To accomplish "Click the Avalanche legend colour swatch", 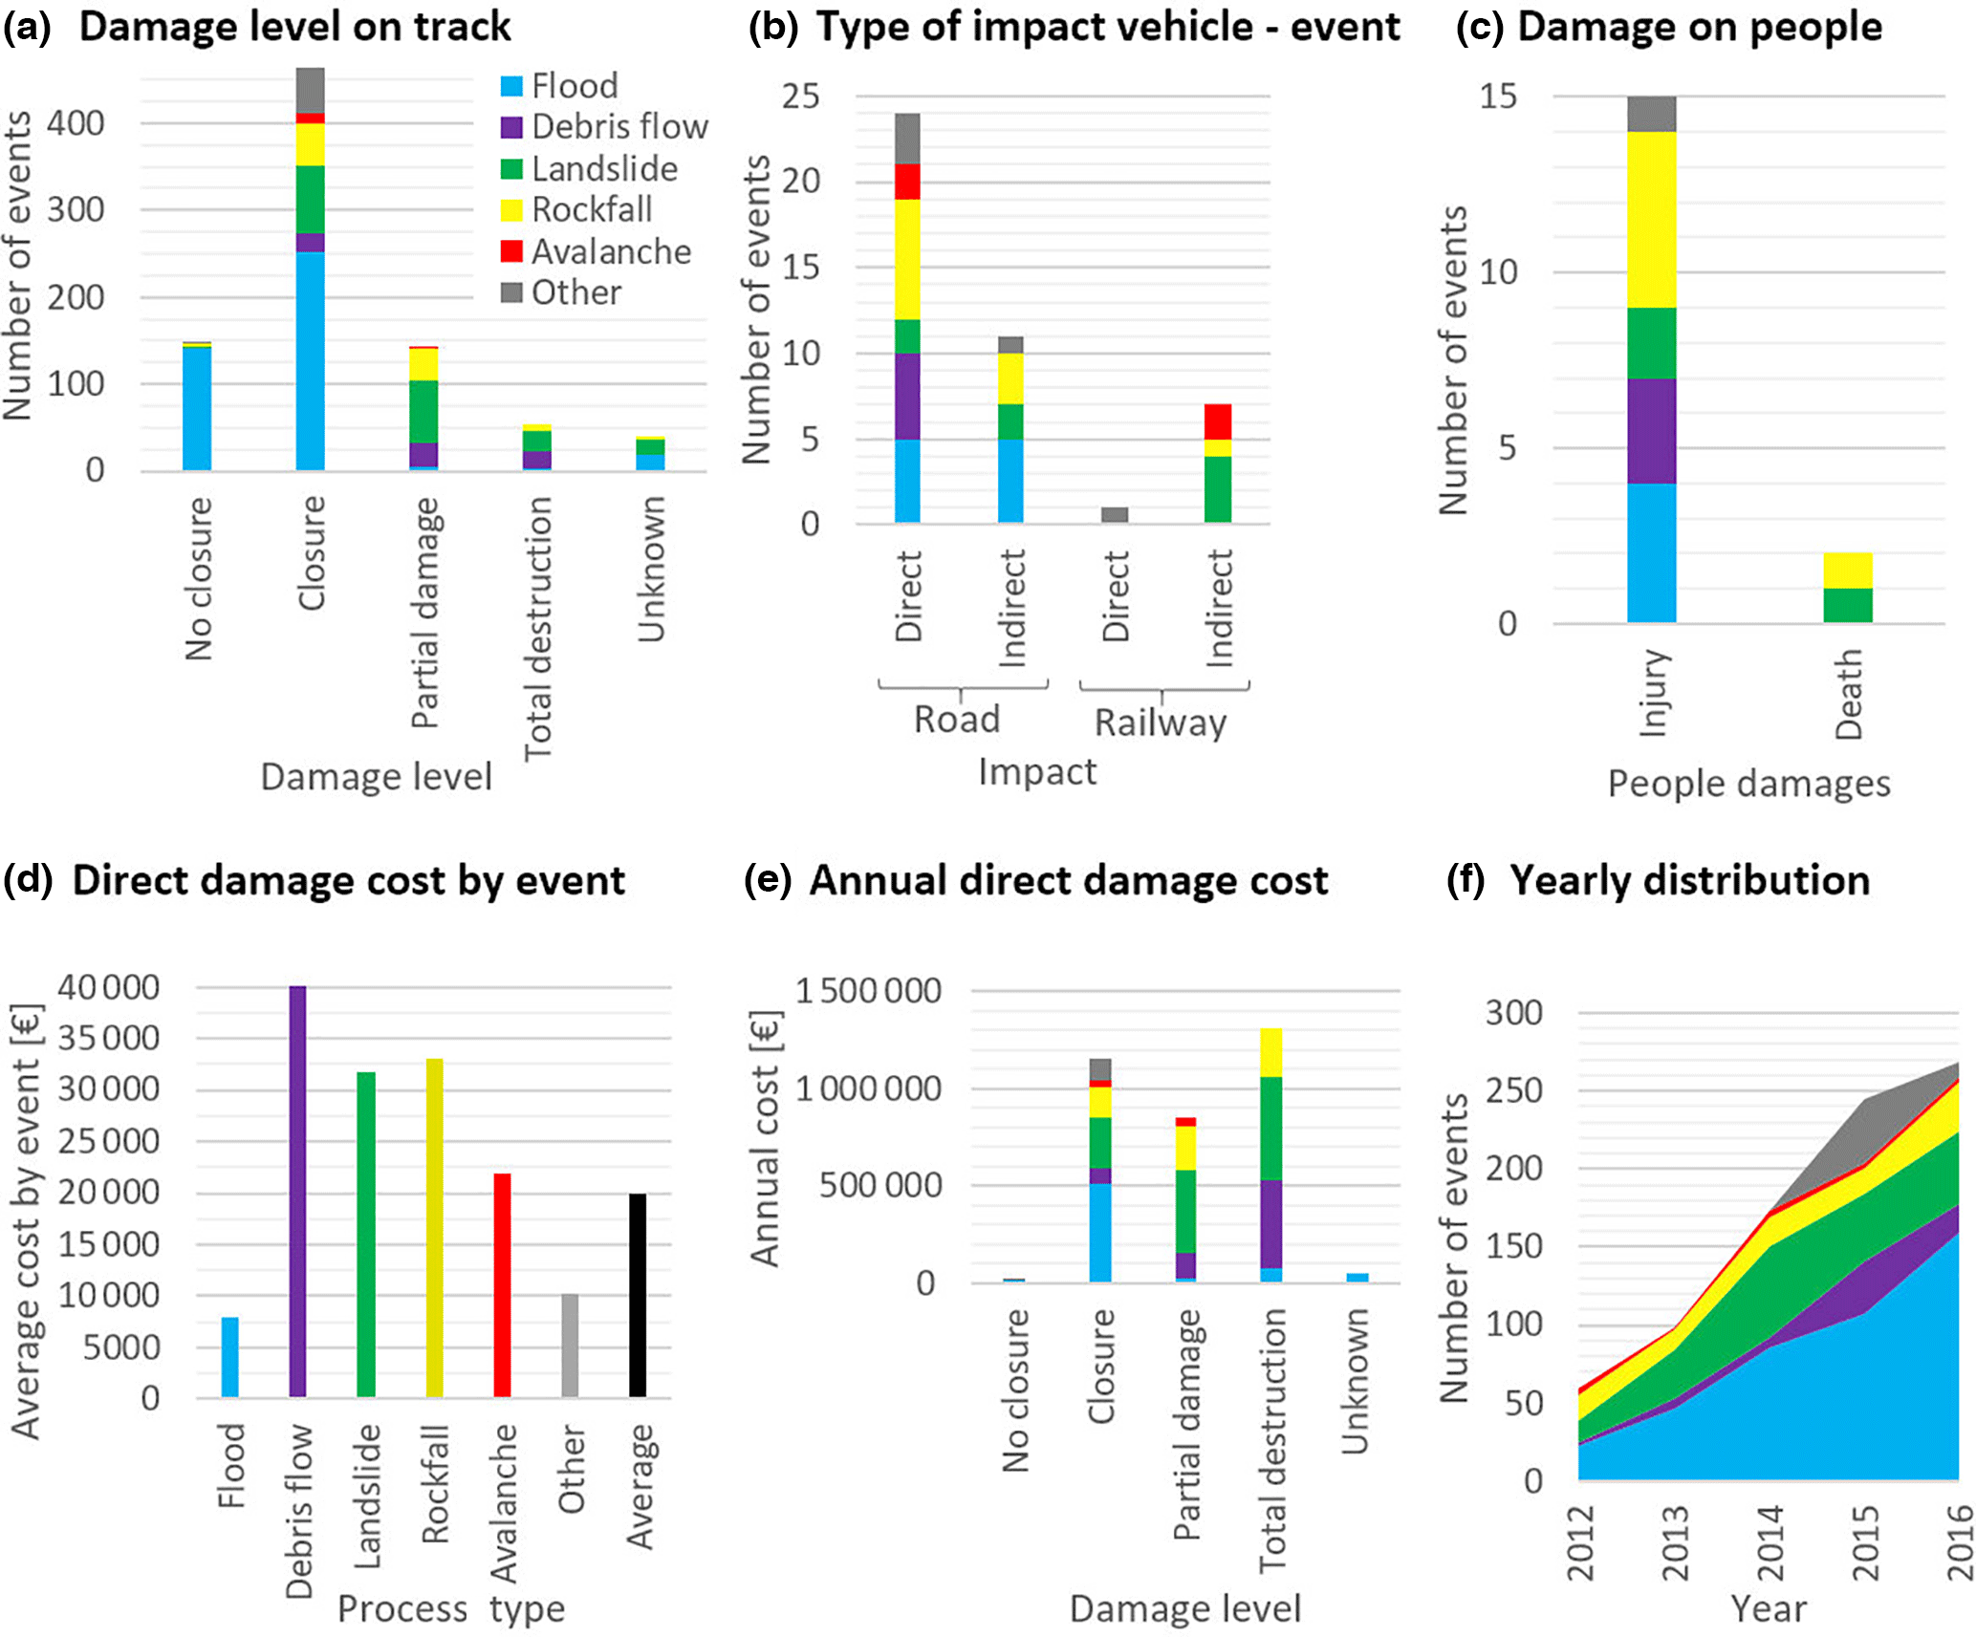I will point(511,251).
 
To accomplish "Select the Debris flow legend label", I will point(619,127).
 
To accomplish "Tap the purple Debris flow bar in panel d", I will point(297,1191).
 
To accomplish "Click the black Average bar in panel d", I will point(638,1295).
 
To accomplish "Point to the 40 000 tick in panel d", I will point(109,987).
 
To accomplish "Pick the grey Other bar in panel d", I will point(570,1346).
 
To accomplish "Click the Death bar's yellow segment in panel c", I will point(1847,571).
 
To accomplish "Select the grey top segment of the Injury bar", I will point(1652,114).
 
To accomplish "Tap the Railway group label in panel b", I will point(1161,722).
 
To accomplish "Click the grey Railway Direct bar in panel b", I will point(1115,515).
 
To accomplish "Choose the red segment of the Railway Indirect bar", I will point(1218,421).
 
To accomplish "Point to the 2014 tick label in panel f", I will point(1770,1542).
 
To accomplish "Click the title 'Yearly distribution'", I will point(1689,880).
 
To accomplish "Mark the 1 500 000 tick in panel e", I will point(868,991).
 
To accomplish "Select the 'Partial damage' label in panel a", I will point(424,613).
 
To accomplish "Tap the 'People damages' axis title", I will point(1748,784).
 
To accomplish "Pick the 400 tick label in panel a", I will point(76,123).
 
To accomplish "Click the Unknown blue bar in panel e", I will point(1357,1278).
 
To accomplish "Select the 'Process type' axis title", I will point(451,1609).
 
